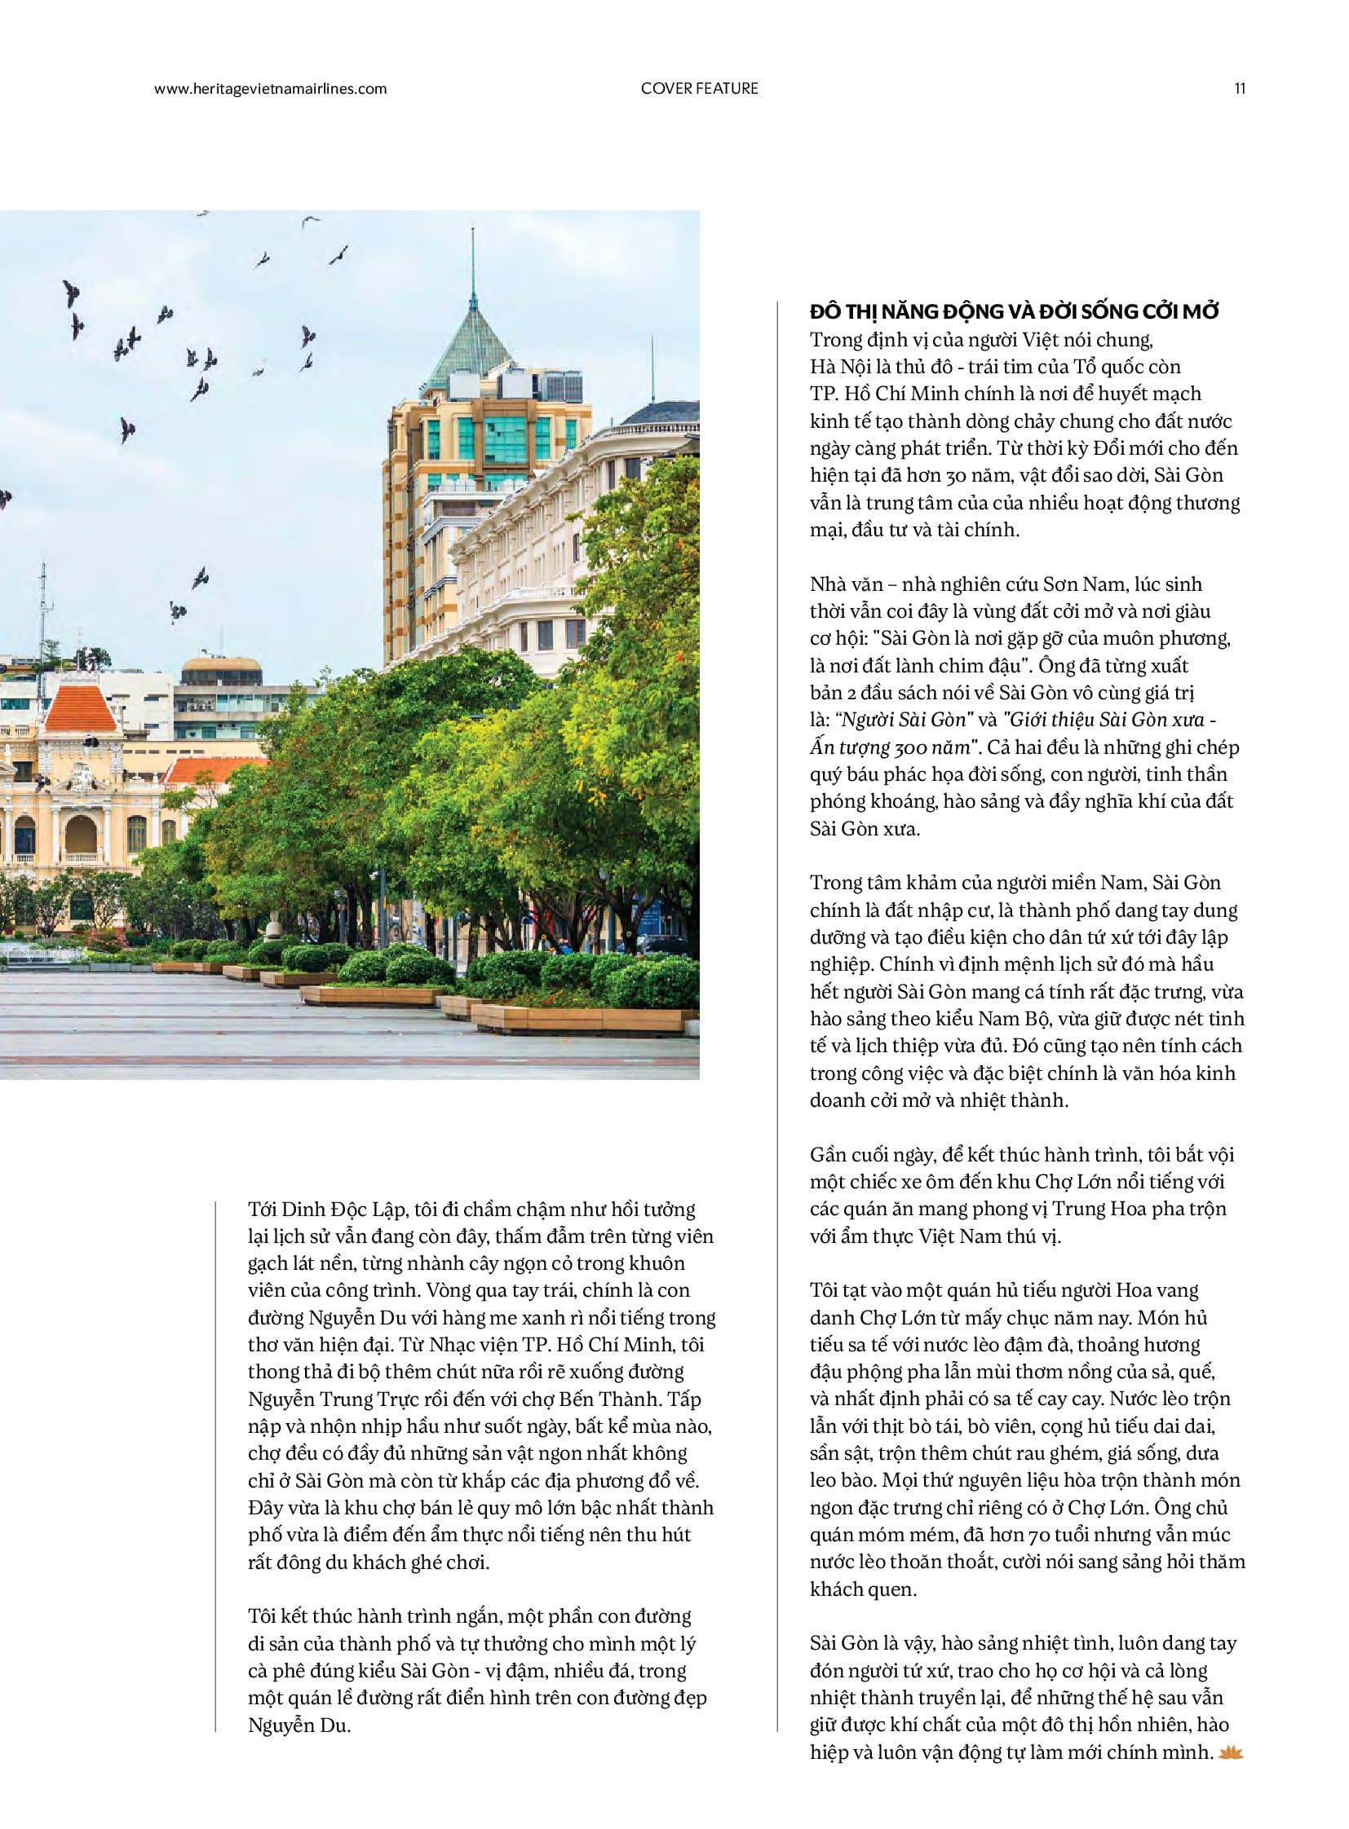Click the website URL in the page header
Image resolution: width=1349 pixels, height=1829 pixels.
click(x=270, y=89)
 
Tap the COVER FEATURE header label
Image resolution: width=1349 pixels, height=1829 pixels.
click(x=699, y=89)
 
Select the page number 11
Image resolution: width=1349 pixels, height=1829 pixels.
click(x=1239, y=89)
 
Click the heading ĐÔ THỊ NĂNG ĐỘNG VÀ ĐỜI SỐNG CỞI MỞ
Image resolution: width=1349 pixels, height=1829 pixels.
click(x=1015, y=311)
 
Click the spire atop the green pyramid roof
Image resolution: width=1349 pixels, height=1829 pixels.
click(x=473, y=261)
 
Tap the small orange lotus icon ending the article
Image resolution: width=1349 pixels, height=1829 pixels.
click(x=1230, y=1752)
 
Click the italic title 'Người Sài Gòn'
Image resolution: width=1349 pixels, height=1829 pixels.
click(x=907, y=720)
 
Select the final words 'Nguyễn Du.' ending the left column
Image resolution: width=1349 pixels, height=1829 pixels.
click(x=299, y=1725)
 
